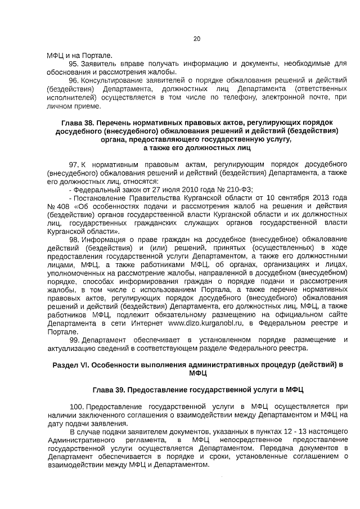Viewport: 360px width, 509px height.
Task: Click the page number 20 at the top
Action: point(196,39)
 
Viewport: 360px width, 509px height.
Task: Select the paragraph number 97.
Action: point(74,164)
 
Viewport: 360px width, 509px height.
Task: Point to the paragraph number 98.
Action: point(74,239)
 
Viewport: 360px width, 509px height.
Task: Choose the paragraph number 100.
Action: point(76,406)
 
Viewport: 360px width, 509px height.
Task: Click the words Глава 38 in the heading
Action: point(79,123)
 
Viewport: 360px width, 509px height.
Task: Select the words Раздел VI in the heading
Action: point(71,364)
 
